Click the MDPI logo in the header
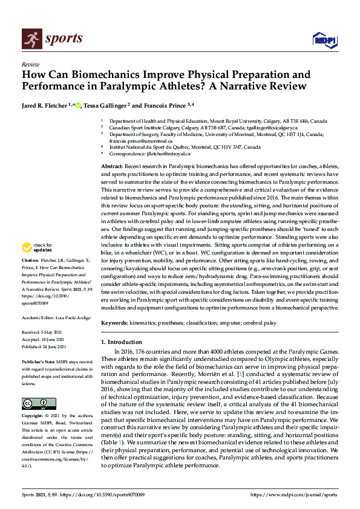pyautogui.click(x=324, y=40)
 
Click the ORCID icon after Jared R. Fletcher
pyautogui.click(x=78, y=106)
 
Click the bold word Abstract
pyautogui.click(x=113, y=166)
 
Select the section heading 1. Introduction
pyautogui.click(x=123, y=342)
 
